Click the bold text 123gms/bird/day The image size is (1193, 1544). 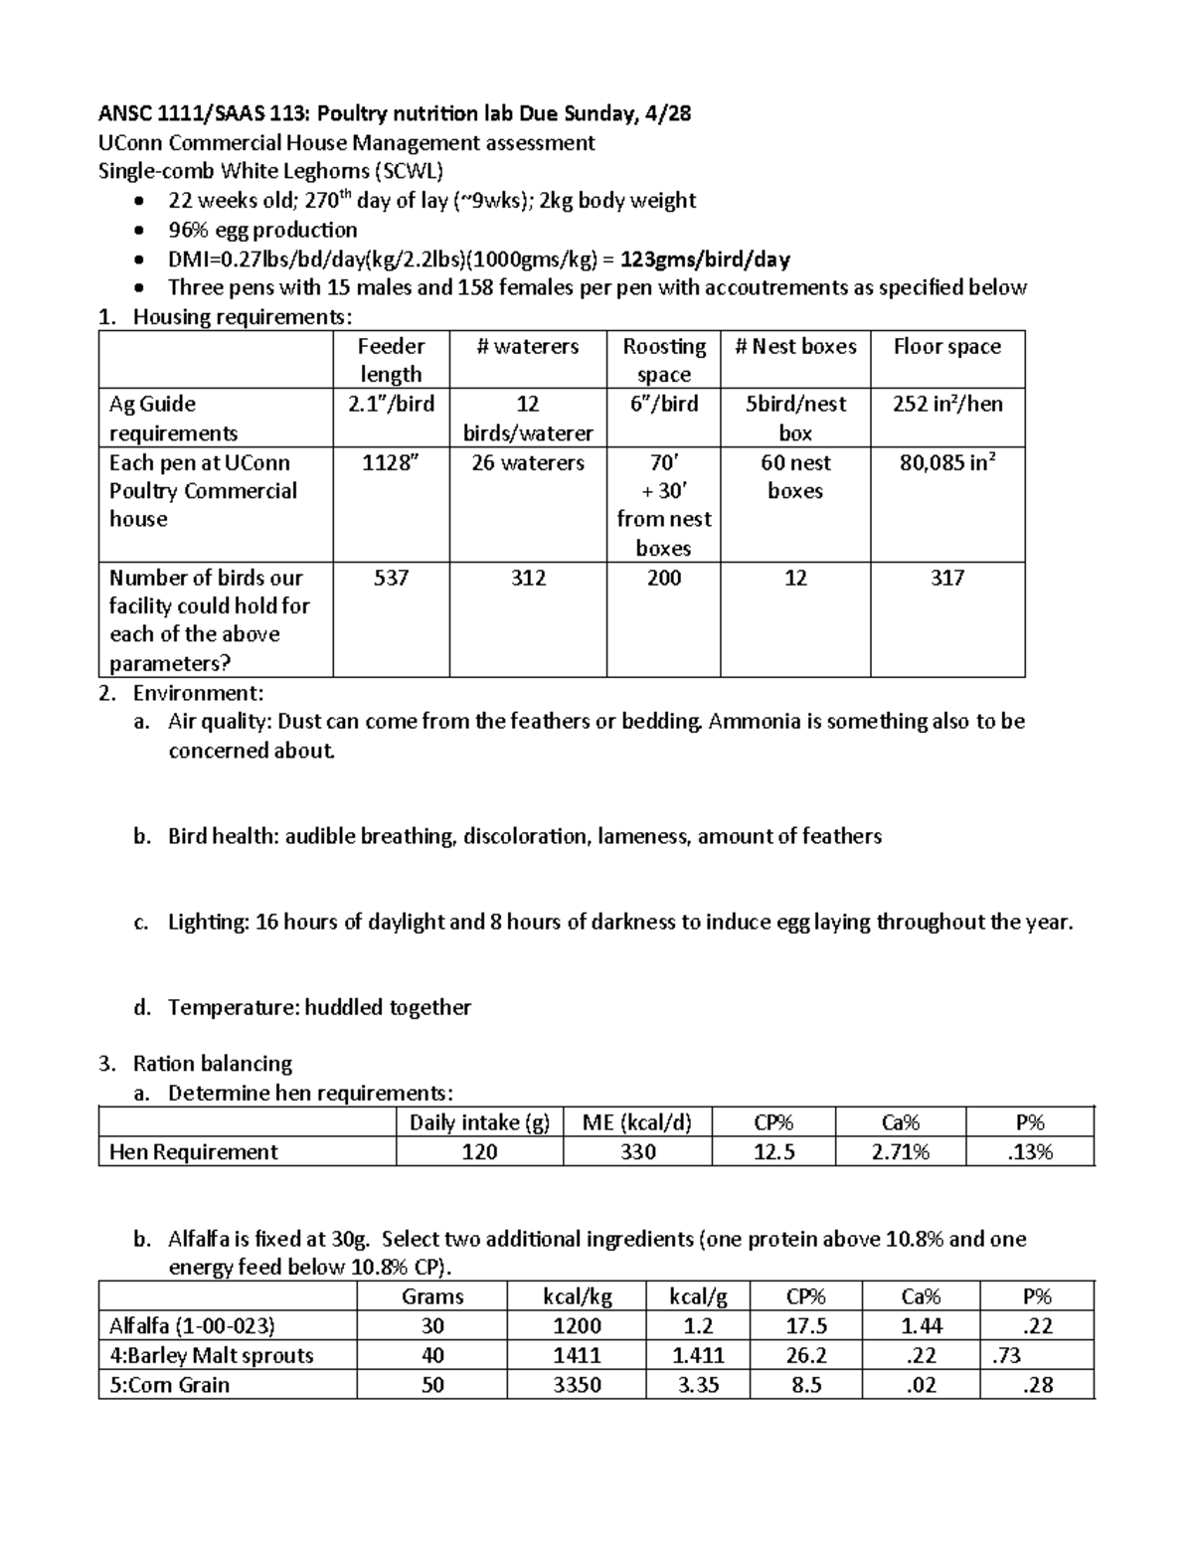[x=705, y=259]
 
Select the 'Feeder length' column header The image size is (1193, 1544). [x=391, y=360]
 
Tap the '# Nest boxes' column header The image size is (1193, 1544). [x=795, y=346]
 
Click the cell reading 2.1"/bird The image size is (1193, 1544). [x=391, y=404]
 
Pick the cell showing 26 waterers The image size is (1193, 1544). [x=528, y=462]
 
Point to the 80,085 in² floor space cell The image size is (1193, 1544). [x=947, y=462]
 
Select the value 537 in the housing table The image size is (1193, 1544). [x=391, y=578]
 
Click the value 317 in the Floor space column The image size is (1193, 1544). [x=947, y=578]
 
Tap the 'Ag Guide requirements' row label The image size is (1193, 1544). [x=173, y=418]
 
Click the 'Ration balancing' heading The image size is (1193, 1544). [x=213, y=1064]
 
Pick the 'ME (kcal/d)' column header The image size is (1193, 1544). [x=636, y=1122]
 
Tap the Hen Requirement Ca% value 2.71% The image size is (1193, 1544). [x=900, y=1151]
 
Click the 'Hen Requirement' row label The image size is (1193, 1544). [x=194, y=1151]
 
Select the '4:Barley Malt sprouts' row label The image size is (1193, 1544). [x=211, y=1355]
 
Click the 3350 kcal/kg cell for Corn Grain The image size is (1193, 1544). [x=577, y=1385]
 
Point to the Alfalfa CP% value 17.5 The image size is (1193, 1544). [x=806, y=1325]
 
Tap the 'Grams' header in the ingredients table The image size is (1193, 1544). [x=432, y=1296]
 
